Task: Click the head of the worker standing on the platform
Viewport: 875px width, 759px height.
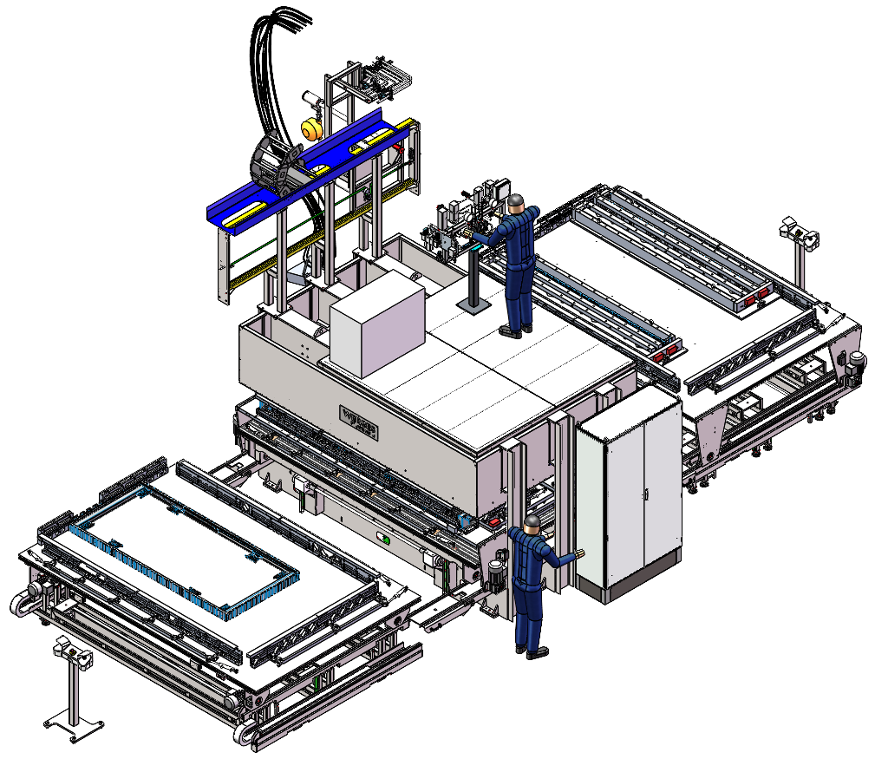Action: pos(517,203)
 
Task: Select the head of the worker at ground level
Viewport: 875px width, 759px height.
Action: pos(532,523)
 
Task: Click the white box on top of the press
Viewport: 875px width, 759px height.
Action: pos(377,323)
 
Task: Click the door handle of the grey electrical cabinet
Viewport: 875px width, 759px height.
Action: pos(645,495)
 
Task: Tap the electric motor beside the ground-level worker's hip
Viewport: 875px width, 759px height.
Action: pos(497,573)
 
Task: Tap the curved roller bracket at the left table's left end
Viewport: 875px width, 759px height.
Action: pos(26,599)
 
